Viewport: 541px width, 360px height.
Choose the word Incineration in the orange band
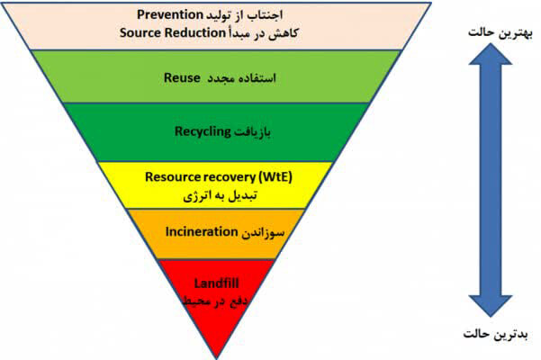pos(201,230)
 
